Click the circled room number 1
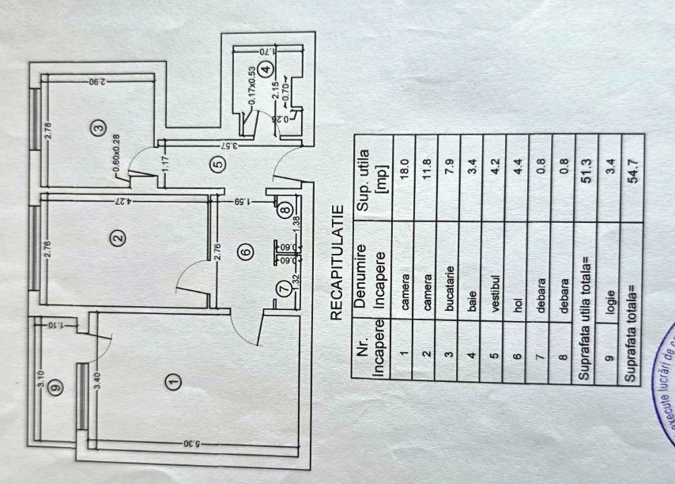click(x=175, y=382)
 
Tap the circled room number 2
click(x=117, y=236)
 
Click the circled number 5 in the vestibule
click(x=219, y=164)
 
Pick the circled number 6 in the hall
click(x=245, y=252)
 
